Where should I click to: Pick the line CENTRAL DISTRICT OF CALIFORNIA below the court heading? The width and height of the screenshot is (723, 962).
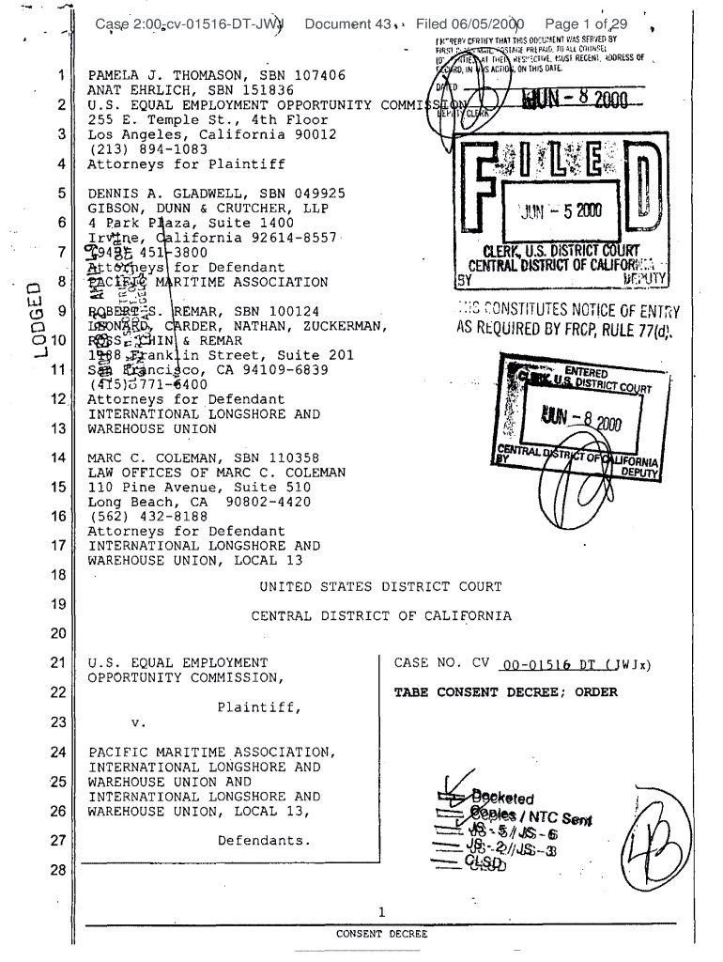click(x=380, y=616)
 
